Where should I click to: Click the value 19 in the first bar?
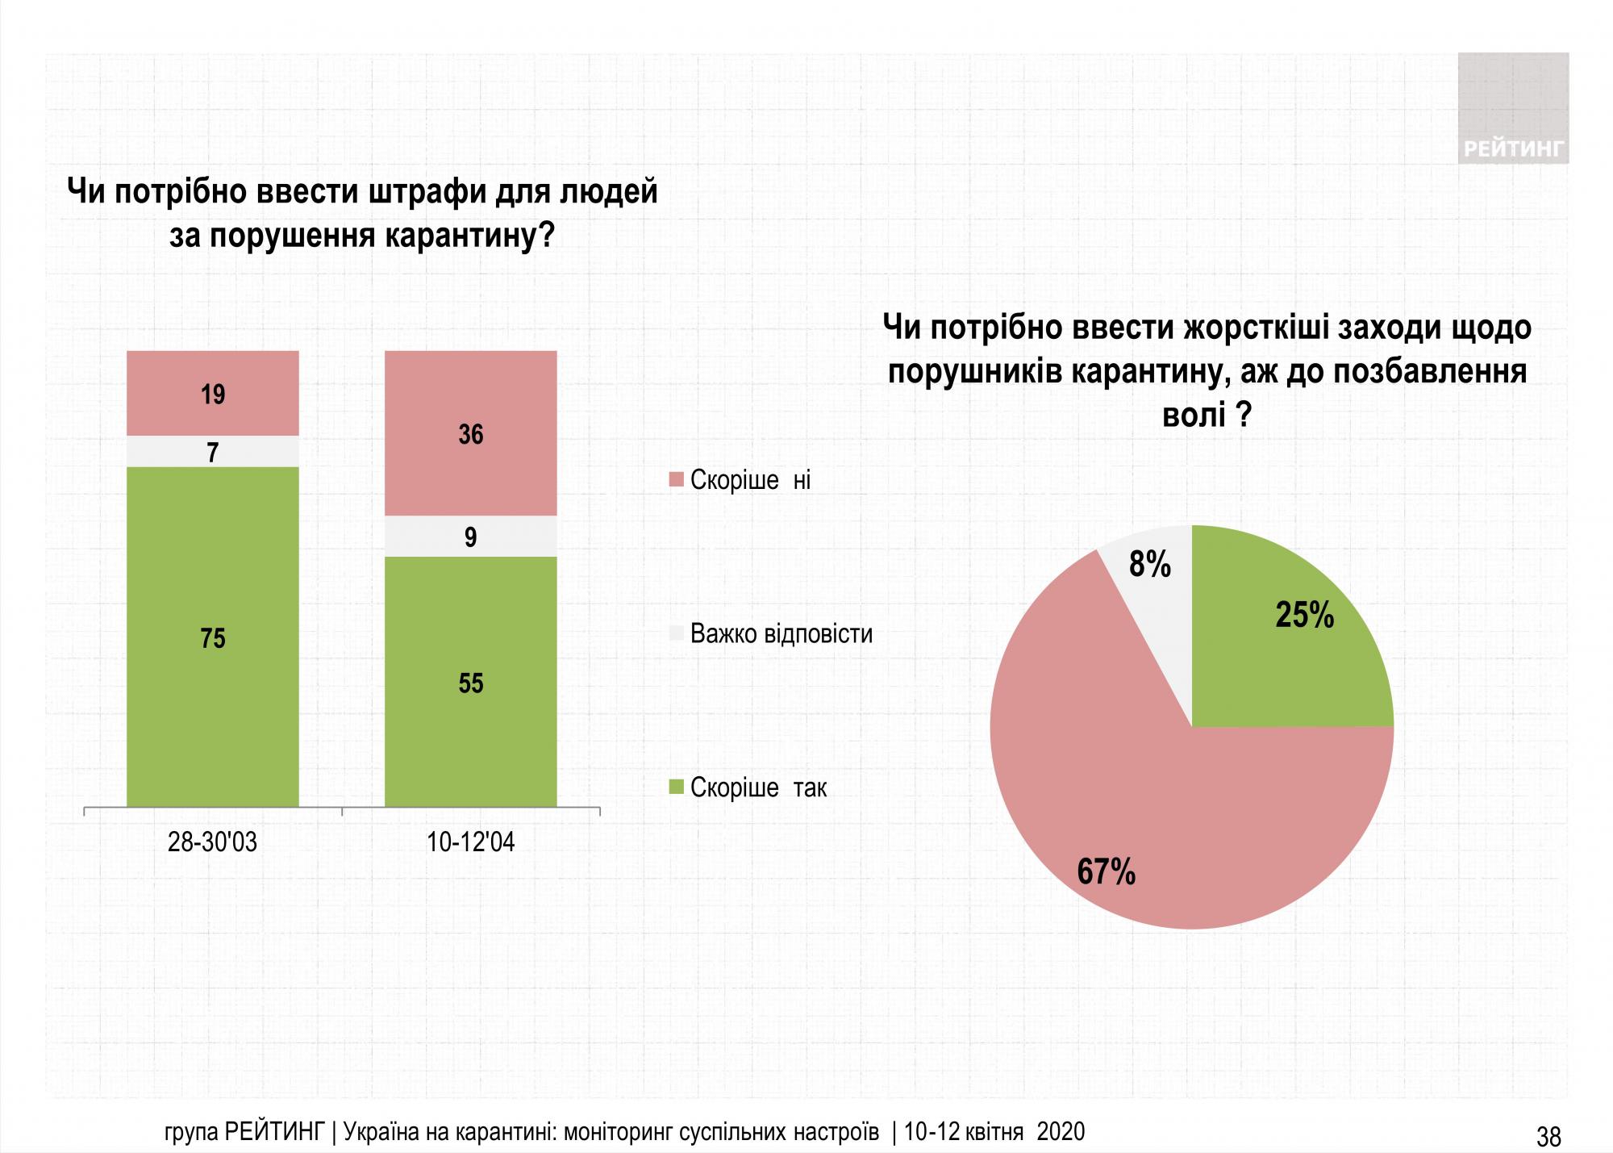coord(213,395)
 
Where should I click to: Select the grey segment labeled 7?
coord(213,452)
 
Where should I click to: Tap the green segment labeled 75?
coord(213,638)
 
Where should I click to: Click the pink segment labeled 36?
coord(471,435)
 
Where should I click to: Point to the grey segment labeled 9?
coord(471,537)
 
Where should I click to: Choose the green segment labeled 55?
coord(471,683)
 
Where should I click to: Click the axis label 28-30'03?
coord(212,842)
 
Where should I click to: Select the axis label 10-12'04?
coord(470,842)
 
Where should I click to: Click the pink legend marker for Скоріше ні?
coord(677,480)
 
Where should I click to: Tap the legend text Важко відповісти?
coord(781,633)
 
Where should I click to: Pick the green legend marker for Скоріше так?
coord(677,787)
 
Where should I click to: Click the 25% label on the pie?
coord(1304,616)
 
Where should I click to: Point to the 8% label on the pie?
coord(1149,564)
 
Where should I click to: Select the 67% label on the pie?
coord(1106,872)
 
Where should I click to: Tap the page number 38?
coord(1548,1137)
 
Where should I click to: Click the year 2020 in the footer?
coord(1061,1132)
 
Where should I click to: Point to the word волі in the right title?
coord(1194,416)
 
